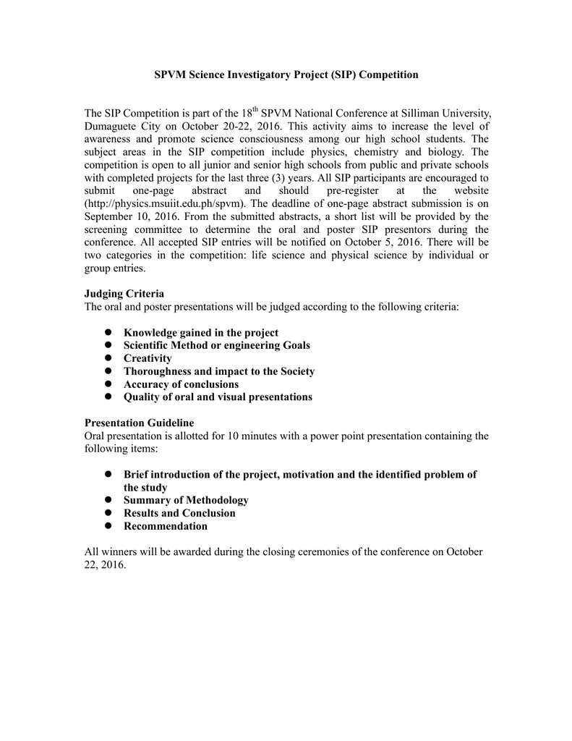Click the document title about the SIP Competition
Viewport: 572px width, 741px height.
[286, 75]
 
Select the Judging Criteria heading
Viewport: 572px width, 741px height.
[124, 294]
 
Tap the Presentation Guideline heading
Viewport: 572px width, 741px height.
[139, 423]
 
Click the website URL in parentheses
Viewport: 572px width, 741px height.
[164, 203]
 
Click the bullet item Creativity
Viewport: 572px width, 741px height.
[148, 358]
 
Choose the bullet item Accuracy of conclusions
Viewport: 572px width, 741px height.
[181, 384]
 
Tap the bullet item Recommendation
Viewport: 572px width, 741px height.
[166, 526]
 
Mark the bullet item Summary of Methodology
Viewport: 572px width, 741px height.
[186, 500]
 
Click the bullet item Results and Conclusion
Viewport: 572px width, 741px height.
[179, 513]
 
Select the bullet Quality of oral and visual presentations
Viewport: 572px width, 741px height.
[218, 397]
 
